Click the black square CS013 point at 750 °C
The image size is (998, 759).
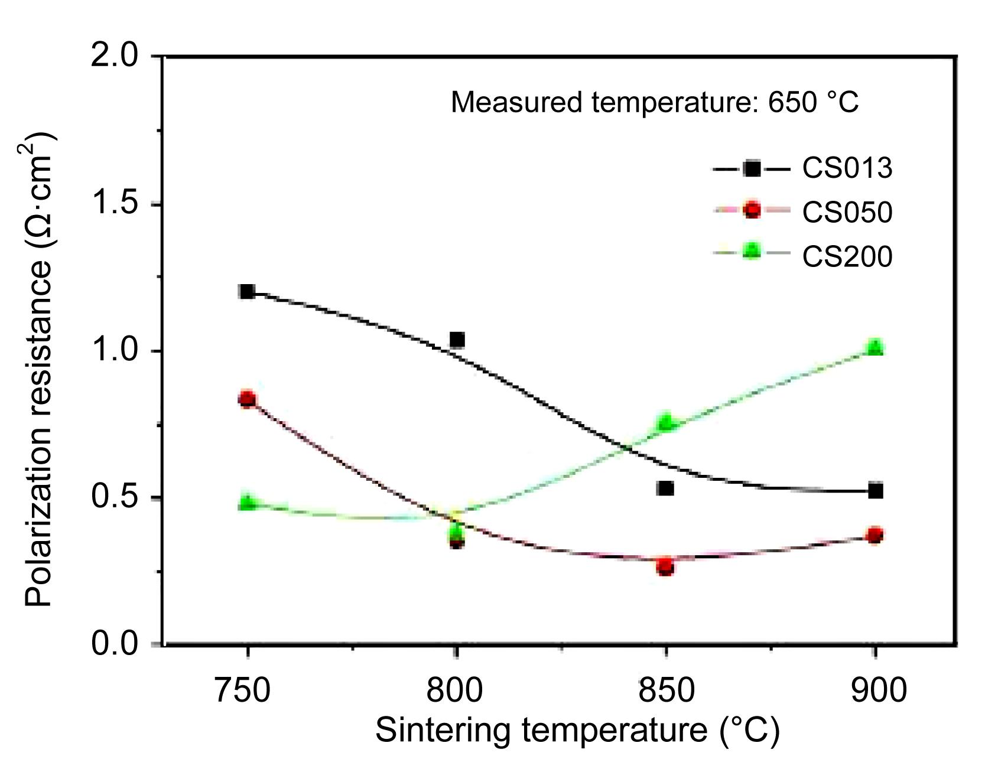tap(247, 291)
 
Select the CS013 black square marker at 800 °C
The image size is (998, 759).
tap(457, 340)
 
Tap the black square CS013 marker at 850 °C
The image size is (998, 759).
tap(665, 488)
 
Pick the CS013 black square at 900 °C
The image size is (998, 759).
tap(876, 490)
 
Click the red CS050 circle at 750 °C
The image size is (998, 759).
tap(247, 399)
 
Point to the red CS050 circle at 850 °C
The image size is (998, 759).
tap(665, 567)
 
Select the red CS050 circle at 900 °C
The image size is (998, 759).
tap(876, 536)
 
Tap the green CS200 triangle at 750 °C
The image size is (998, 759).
tap(247, 503)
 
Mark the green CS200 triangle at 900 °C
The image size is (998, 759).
tap(876, 347)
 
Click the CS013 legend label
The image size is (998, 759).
tap(847, 168)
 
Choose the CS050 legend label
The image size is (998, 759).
tap(847, 212)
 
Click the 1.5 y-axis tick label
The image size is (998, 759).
tap(115, 203)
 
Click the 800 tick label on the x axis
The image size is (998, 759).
tap(455, 689)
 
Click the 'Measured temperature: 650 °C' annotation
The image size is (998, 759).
tap(654, 102)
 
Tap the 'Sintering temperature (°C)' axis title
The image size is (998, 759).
tap(577, 730)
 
